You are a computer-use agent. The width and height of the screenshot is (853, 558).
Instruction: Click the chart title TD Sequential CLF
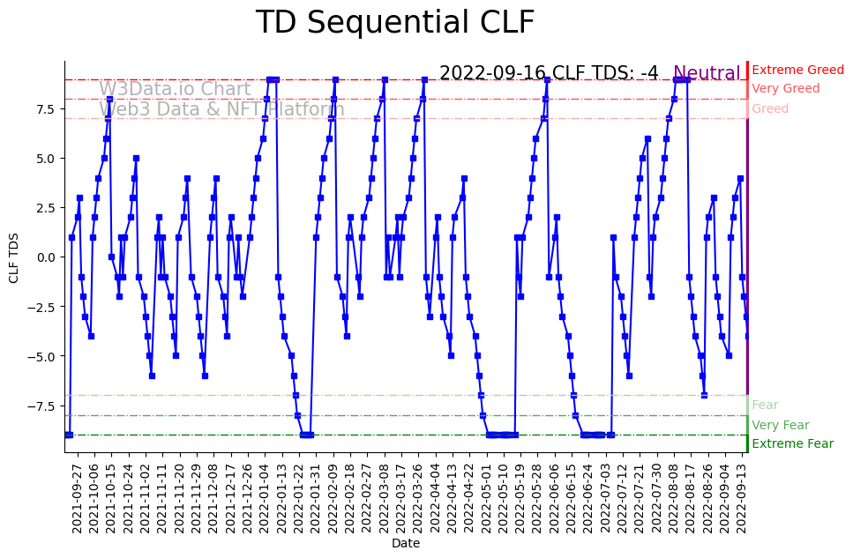(x=394, y=22)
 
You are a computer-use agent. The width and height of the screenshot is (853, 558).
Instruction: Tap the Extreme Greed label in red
(x=797, y=70)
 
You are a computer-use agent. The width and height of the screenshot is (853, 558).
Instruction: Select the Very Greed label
(x=785, y=89)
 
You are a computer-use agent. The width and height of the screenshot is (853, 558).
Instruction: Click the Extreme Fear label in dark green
(x=792, y=443)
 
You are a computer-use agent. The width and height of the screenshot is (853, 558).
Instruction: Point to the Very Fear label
(x=780, y=425)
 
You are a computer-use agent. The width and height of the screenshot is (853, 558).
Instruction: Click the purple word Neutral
(x=707, y=73)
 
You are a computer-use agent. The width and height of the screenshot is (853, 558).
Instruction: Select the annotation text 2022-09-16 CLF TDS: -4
(x=549, y=73)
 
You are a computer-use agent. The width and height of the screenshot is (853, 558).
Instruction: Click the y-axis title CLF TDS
(x=13, y=257)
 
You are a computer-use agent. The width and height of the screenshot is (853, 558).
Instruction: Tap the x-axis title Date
(x=406, y=544)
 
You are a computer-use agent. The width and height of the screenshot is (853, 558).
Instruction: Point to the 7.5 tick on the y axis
(x=45, y=108)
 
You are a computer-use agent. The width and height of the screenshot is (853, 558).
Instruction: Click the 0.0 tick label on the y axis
(x=45, y=257)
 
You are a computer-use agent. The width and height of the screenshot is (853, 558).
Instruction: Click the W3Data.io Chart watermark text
(x=175, y=89)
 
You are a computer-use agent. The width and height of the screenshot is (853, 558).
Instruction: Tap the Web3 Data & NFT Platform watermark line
(x=221, y=110)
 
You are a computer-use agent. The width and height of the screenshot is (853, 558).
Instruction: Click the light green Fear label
(x=765, y=405)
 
